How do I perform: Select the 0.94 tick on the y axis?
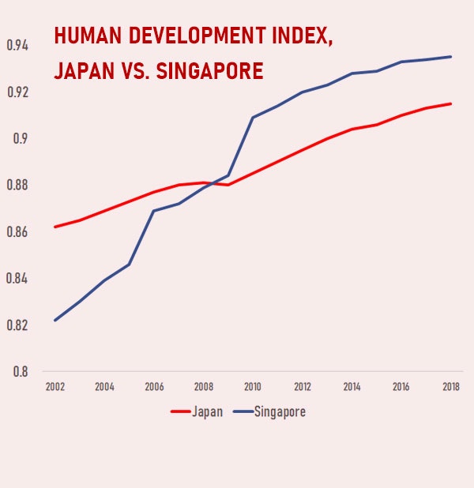click(17, 46)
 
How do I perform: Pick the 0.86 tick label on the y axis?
click(17, 232)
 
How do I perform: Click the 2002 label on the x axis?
click(55, 387)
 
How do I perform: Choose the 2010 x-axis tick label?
click(253, 387)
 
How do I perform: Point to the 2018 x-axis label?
click(451, 387)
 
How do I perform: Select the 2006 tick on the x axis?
click(154, 387)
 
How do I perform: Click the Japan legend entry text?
click(207, 411)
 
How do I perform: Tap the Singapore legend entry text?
click(280, 411)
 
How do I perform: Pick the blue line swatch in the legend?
click(242, 411)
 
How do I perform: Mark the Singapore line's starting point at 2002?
click(55, 320)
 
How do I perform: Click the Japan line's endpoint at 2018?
click(451, 103)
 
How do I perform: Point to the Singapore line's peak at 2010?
click(253, 118)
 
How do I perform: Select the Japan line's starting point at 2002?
click(55, 227)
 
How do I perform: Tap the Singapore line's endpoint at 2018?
click(451, 57)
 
